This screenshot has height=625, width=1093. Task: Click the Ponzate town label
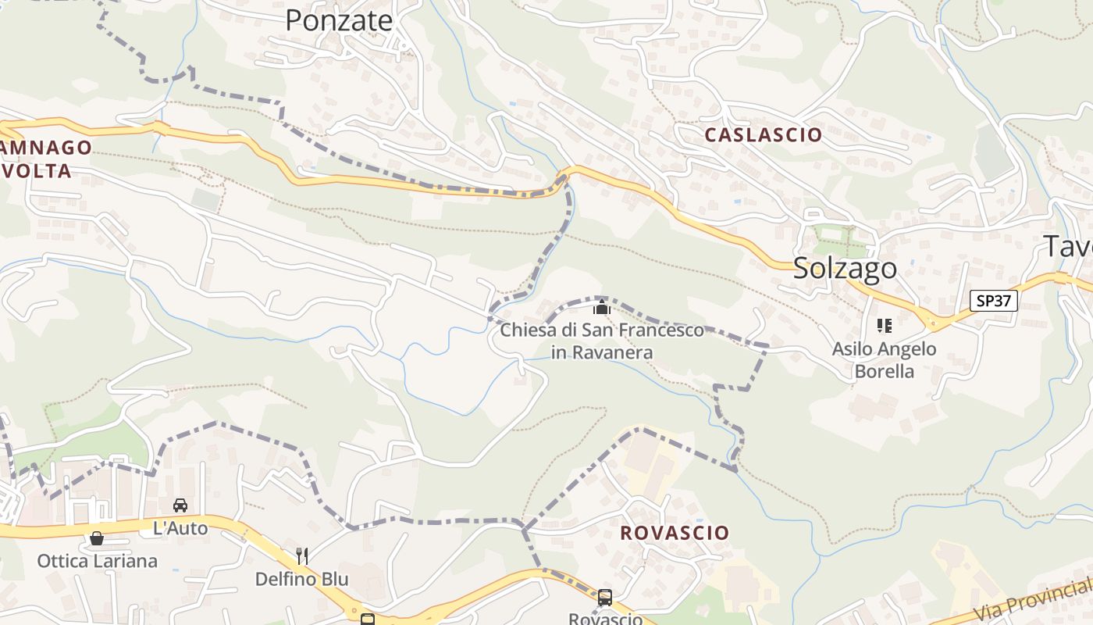click(338, 20)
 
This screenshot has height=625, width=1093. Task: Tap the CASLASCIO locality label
click(763, 134)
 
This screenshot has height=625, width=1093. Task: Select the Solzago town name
click(845, 268)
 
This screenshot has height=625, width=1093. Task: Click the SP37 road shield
click(994, 300)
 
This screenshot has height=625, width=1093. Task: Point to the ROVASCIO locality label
click(675, 533)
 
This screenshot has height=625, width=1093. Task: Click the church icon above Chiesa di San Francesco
click(601, 307)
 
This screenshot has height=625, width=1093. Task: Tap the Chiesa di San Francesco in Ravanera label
click(602, 341)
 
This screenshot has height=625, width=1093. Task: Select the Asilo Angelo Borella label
click(884, 359)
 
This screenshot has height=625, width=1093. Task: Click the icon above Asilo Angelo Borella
click(884, 325)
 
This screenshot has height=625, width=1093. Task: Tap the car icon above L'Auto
click(180, 505)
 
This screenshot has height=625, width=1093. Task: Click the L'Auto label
click(180, 528)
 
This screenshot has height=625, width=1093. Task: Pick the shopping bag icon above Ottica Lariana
click(97, 538)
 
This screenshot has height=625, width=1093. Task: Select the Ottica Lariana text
click(97, 561)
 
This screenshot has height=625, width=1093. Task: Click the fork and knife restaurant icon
click(302, 556)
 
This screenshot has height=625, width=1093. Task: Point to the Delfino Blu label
click(302, 579)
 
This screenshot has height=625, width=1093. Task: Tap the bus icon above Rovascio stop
click(605, 598)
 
